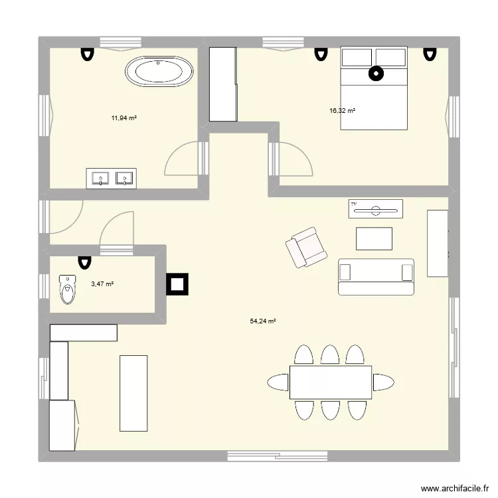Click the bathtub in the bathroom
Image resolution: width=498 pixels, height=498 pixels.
160,72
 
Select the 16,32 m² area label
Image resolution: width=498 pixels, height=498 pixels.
343,111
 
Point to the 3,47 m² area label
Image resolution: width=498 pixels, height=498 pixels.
102,284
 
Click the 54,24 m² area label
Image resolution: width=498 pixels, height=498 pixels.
263,321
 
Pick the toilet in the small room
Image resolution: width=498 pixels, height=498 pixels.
68,289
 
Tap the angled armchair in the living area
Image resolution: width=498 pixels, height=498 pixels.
306,247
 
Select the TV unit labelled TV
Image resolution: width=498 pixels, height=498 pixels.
375,208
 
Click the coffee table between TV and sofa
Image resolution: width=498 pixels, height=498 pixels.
374,238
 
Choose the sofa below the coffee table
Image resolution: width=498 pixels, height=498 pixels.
376,276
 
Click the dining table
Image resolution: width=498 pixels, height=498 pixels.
330,382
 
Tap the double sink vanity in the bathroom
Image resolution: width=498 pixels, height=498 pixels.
110,178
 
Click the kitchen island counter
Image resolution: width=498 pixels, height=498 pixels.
133,392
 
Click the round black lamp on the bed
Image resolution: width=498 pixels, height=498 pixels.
376,74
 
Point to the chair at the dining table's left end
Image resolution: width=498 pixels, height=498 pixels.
278,382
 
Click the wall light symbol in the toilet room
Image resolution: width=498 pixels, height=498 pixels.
84,263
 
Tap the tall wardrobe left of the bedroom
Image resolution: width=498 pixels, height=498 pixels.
223,84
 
